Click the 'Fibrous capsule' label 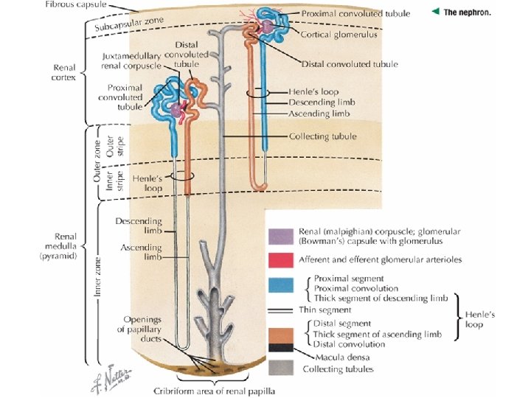pos(75,4)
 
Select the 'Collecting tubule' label pos(323,136)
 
